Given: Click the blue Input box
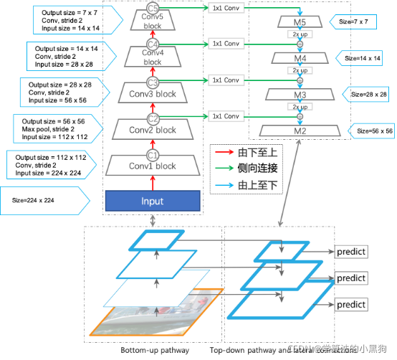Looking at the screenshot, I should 151,202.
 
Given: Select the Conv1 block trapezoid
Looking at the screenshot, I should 151,166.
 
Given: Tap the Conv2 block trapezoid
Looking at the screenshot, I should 151,130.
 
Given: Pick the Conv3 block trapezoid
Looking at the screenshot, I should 151,94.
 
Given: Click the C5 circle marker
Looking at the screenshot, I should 152,10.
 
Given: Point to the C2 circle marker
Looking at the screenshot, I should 152,118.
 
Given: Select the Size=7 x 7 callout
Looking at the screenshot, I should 365,23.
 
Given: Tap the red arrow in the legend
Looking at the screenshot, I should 221,152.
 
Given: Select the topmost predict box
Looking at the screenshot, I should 351,252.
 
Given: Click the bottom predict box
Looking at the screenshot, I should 351,304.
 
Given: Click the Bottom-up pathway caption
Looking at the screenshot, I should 156,351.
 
